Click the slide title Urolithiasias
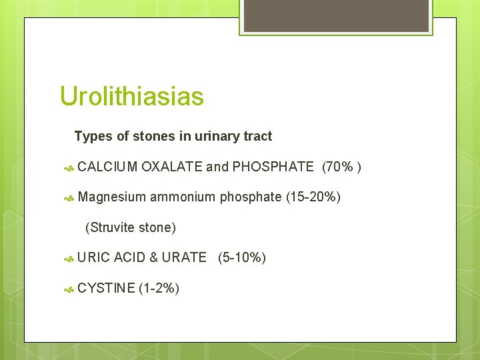131,97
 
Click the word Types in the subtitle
93,137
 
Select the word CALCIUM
107,167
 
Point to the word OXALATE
171,167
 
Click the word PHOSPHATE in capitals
273,167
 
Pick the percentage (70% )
341,167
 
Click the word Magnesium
111,197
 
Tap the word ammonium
183,197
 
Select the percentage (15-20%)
313,197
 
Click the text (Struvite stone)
131,228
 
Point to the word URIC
94,257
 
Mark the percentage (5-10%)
241,257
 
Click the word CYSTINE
105,288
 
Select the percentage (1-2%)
159,288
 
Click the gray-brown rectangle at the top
335,15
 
